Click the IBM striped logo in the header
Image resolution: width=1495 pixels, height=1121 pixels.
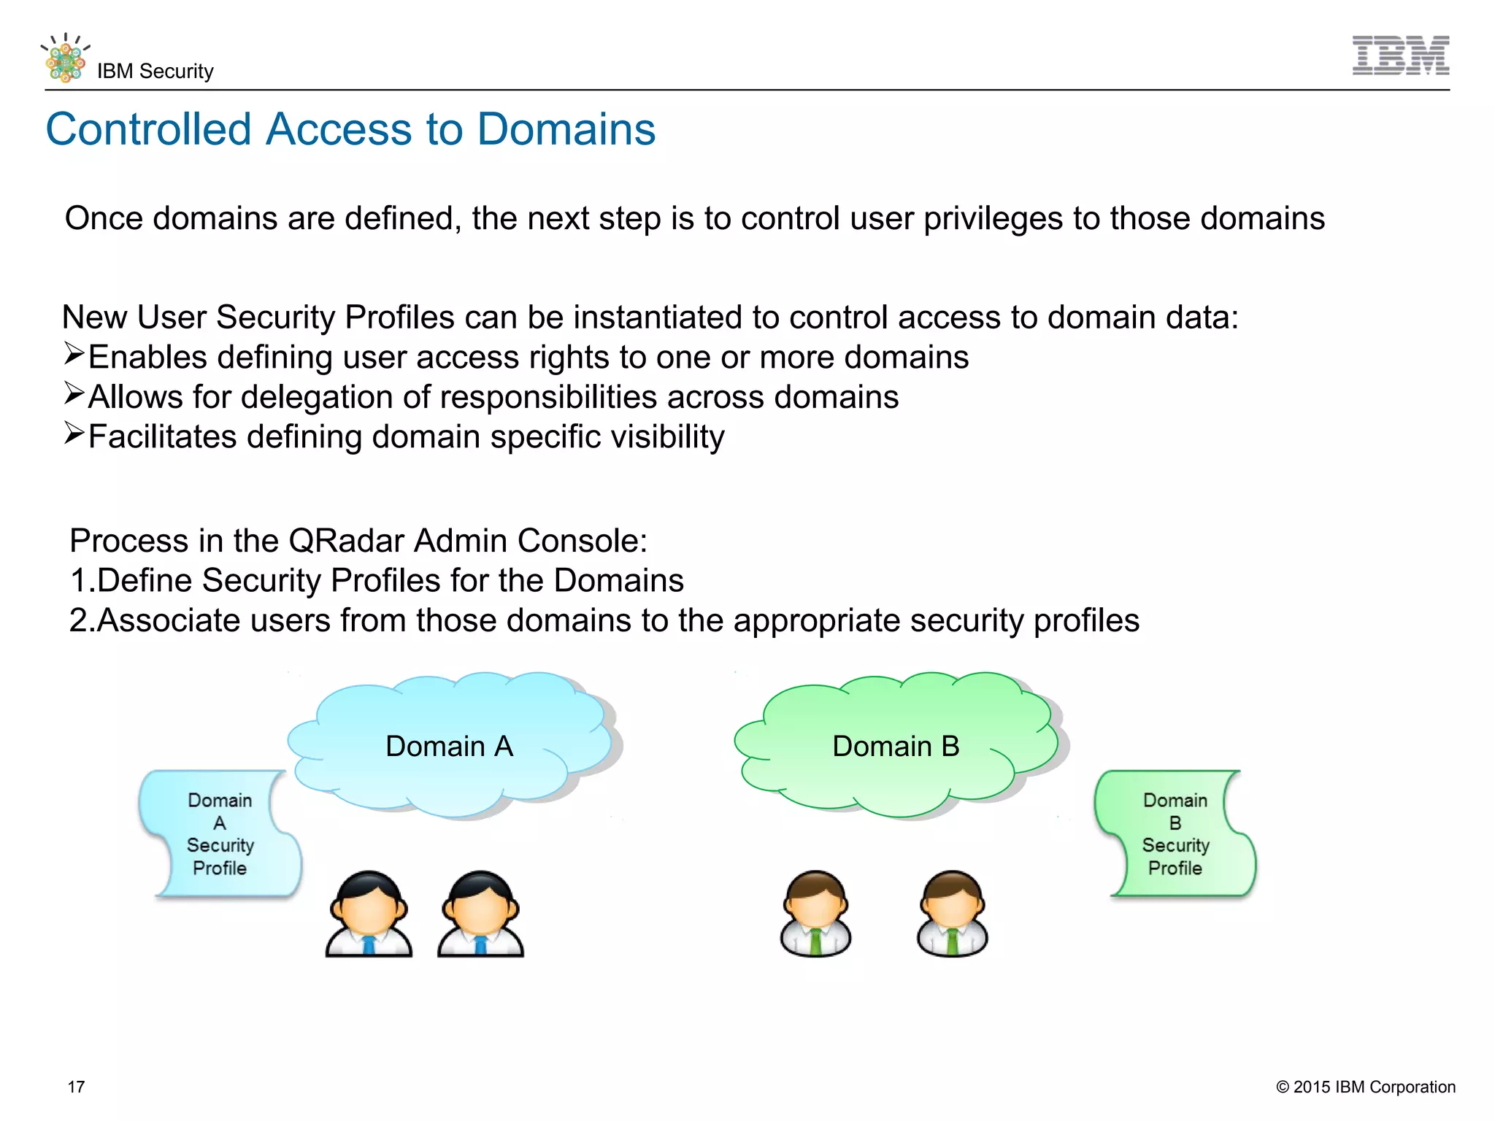(x=1400, y=55)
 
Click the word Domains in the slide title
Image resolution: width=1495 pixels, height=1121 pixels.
(x=566, y=129)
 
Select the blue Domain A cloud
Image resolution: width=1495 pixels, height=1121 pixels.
(x=450, y=745)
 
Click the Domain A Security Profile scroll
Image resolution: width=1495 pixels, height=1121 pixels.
(x=220, y=833)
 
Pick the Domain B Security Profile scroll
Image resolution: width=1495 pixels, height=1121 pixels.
(x=1175, y=833)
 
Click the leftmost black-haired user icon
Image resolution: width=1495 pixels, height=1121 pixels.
(x=369, y=913)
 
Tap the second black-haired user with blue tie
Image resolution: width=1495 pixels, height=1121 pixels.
(x=480, y=913)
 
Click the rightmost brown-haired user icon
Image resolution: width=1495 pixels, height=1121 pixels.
(x=952, y=913)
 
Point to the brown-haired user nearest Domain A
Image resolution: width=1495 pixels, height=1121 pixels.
(x=815, y=913)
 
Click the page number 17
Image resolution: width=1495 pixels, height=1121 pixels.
(x=76, y=1087)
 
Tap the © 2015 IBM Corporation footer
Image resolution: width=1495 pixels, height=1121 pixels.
(x=1365, y=1087)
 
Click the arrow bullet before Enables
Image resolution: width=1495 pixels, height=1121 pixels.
(x=74, y=354)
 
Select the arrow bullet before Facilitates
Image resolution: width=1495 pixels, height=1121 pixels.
(x=74, y=434)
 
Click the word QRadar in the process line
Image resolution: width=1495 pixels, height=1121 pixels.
(x=346, y=541)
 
